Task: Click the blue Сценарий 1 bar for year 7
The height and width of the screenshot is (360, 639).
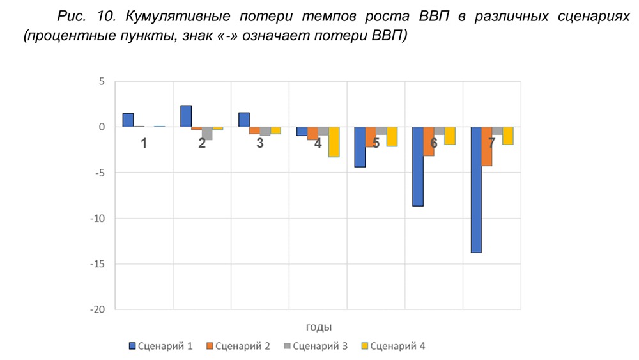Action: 476,189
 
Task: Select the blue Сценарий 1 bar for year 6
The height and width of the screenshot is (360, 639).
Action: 418,166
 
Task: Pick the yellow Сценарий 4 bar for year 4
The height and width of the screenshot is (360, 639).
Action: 334,141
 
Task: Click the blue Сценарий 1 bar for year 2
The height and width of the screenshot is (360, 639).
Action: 186,116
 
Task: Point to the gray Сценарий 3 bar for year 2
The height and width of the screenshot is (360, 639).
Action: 207,133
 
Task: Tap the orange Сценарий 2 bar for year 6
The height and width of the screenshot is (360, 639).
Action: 429,141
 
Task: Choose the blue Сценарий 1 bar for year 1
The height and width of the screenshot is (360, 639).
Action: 128,120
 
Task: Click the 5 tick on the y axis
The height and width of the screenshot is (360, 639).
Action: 100,82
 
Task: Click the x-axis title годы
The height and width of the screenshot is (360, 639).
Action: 318,327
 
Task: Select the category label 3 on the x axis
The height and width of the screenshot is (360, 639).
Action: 259,143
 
